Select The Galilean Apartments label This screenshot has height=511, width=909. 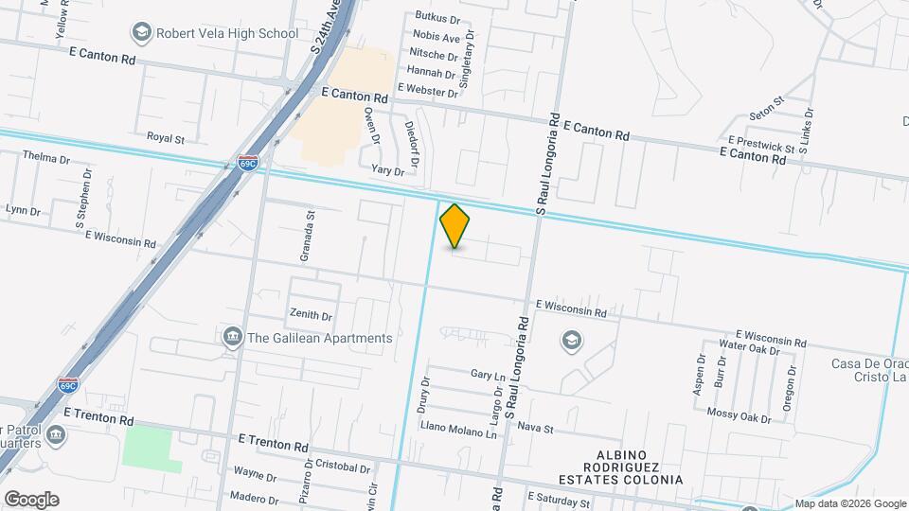click(x=319, y=338)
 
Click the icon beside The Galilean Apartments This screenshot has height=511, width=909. click(x=231, y=338)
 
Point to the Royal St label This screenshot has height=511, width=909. click(x=166, y=138)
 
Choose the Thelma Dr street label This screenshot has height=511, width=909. click(x=46, y=158)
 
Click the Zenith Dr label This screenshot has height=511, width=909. click(x=312, y=316)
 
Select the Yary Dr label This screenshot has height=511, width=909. click(x=387, y=170)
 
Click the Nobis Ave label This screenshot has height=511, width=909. click(x=436, y=38)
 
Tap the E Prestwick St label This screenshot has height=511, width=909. click(x=761, y=148)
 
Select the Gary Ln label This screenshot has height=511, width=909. click(x=488, y=375)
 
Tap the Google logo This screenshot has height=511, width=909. click(x=30, y=500)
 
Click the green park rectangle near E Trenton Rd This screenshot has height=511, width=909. click(x=152, y=449)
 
